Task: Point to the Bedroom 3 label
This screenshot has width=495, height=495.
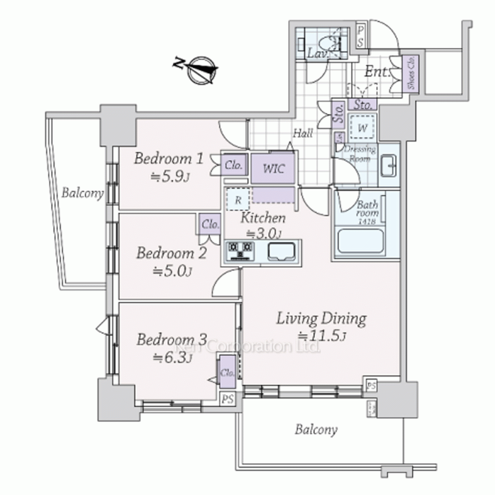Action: [171, 340]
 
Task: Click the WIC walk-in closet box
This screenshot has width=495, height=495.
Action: [273, 168]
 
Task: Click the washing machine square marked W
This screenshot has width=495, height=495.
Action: [363, 128]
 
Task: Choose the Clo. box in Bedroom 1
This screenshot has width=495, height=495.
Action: [233, 165]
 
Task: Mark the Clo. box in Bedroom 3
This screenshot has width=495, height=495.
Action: [228, 372]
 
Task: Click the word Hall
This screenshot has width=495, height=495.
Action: [302, 133]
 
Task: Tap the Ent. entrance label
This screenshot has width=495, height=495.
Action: [376, 72]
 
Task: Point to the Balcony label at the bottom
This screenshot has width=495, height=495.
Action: [316, 429]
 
